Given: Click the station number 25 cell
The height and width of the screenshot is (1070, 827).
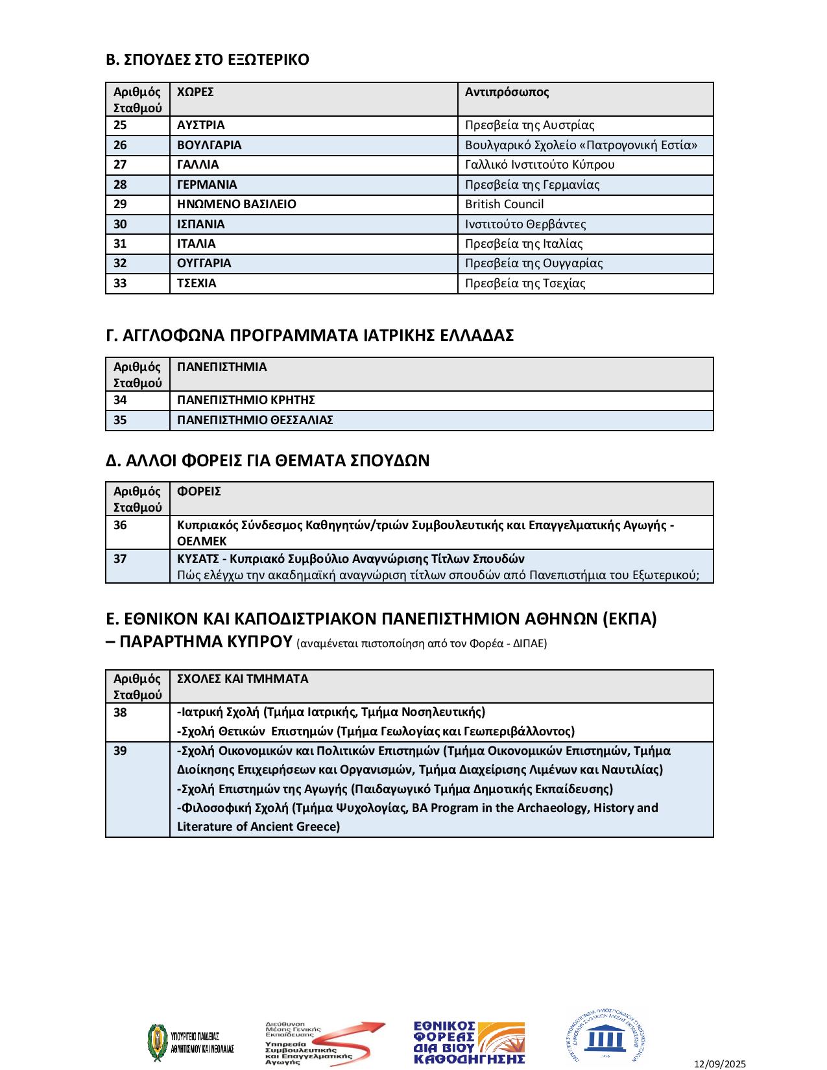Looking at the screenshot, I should tap(121, 125).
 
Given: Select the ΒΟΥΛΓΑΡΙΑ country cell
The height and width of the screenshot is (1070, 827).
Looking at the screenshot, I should tap(209, 145).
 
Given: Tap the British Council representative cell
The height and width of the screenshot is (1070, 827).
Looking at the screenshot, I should tap(504, 204).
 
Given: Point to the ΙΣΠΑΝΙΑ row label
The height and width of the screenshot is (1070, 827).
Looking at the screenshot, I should tap(200, 224).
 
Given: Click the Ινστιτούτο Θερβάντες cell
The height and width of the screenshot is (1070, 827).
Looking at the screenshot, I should tap(525, 224).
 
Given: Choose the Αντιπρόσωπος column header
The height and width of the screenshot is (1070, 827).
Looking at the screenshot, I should tap(507, 92).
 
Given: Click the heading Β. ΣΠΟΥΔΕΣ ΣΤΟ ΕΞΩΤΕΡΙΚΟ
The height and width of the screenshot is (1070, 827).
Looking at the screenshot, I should tap(208, 60).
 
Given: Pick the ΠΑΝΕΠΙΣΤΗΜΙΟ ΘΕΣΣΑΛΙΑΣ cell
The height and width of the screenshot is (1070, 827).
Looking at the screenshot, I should tap(255, 420).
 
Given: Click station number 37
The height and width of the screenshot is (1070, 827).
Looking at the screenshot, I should tap(121, 558).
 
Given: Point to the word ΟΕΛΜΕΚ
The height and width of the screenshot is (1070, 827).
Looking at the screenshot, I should tap(202, 541).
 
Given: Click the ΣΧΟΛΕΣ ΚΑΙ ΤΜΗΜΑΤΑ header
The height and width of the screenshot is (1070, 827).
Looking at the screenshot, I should tap(243, 679).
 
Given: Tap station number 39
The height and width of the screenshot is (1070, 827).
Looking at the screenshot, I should tap(121, 751).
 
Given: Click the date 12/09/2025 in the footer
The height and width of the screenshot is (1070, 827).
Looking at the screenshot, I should tap(720, 1064).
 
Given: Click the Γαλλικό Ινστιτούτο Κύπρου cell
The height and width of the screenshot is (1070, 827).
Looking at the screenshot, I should tap(540, 165).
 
